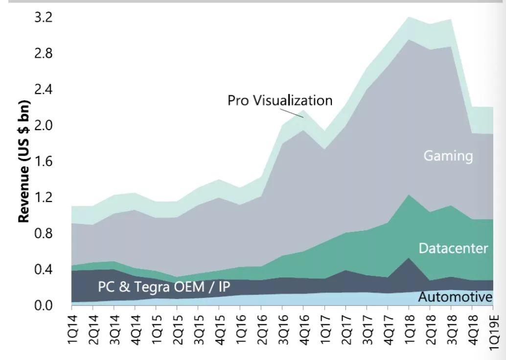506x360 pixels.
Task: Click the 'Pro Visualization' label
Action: (x=280, y=100)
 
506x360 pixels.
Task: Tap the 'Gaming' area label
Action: (x=448, y=156)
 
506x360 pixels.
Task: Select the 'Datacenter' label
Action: (x=453, y=248)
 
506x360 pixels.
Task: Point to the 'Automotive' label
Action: (x=455, y=297)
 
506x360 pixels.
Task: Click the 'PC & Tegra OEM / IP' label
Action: (x=164, y=286)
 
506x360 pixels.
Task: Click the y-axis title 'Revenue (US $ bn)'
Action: (x=24, y=161)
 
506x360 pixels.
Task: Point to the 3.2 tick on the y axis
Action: (x=44, y=18)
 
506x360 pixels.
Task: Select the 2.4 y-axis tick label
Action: (x=44, y=90)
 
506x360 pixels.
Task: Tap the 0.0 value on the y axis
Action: (x=44, y=306)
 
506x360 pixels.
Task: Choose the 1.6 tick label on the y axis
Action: (x=44, y=161)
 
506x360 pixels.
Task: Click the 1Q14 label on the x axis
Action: (x=72, y=330)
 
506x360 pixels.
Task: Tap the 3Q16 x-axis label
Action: (x=283, y=330)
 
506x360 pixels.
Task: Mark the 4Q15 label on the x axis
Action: (x=220, y=330)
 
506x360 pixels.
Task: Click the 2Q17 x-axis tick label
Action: (x=346, y=330)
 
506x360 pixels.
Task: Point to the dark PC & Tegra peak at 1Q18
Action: (x=409, y=264)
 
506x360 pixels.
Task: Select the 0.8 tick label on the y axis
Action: (x=44, y=234)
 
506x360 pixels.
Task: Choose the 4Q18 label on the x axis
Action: (x=472, y=330)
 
